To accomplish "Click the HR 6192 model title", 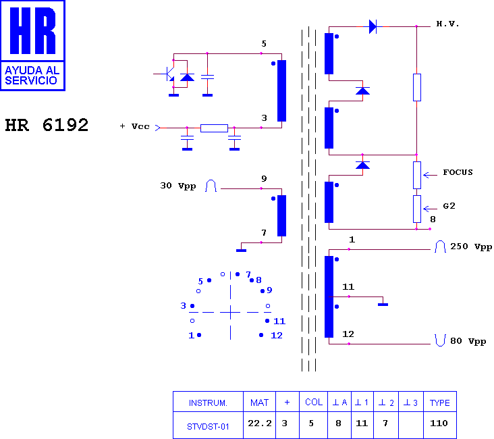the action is pos(47,125).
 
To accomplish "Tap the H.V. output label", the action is pos(447,24).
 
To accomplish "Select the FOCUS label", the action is pos(458,172).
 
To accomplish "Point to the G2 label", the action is pos(449,206).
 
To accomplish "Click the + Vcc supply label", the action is pos(134,126).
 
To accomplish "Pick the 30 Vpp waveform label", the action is pos(178,186).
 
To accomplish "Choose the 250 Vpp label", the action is pos(471,247).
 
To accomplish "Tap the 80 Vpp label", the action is pos(468,341).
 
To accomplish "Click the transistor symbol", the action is pos(169,74).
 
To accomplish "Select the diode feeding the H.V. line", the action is pos(373,26).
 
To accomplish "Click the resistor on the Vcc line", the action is pos(214,128).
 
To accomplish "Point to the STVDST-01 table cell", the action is pos(208,427).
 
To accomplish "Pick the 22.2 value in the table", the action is pos(260,423).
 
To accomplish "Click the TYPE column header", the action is pos(440,403).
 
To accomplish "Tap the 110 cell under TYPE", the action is pos(439,423).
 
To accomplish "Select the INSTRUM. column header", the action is pos(208,403).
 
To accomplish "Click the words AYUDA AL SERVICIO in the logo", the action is pos(32,76).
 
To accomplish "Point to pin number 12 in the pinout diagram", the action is pos(276,335).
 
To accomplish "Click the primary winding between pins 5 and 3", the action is pos(281,91).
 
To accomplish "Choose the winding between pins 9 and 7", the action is pos(281,215).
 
